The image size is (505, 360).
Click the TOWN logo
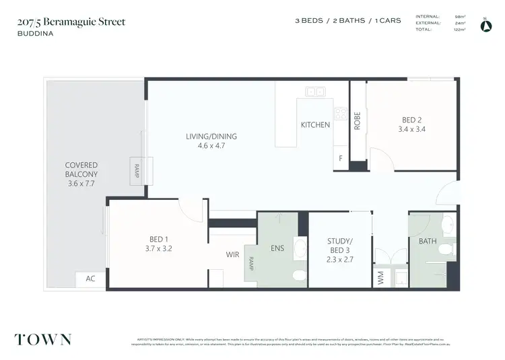pyautogui.click(x=43, y=339)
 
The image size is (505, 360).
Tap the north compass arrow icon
pyautogui.click(x=486, y=26)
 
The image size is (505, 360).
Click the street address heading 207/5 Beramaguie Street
pyautogui.click(x=71, y=22)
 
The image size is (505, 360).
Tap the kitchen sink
pyautogui.click(x=315, y=92)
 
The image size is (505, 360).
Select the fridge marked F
pyautogui.click(x=341, y=159)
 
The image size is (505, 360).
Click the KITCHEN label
pyautogui.click(x=315, y=124)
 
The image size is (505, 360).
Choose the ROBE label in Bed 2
pyautogui.click(x=358, y=120)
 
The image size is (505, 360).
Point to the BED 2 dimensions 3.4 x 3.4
pyautogui.click(x=411, y=129)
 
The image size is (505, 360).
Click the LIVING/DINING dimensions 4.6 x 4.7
pyautogui.click(x=211, y=145)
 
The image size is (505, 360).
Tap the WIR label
pyautogui.click(x=233, y=256)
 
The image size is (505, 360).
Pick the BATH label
pyautogui.click(x=428, y=241)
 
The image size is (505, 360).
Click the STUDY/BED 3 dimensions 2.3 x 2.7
pyautogui.click(x=339, y=258)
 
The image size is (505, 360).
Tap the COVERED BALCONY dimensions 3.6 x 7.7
pyautogui.click(x=81, y=182)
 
